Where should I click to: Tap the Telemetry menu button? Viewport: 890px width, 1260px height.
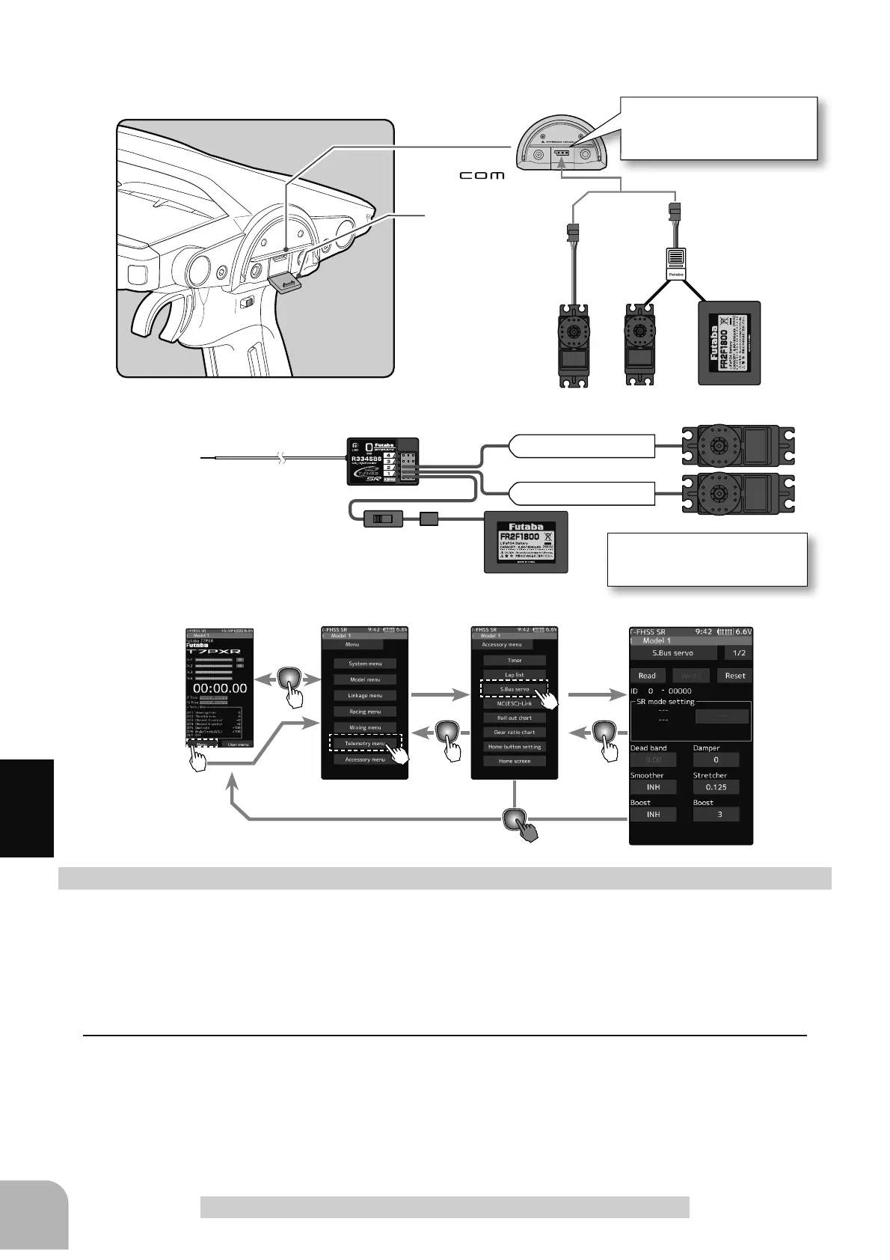365,743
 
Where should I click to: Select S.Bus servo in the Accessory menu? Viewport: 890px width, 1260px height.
515,689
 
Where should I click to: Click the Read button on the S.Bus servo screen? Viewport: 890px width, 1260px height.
647,675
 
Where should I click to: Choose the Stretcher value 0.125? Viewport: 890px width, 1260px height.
716,786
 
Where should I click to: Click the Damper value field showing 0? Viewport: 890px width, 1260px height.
716,759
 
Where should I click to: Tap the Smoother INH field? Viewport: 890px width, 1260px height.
653,786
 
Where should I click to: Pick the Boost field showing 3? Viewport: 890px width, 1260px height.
716,814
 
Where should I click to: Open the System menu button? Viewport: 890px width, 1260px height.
365,664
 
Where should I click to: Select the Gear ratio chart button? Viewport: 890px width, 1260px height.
515,732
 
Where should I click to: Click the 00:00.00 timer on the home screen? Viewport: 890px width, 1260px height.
219,688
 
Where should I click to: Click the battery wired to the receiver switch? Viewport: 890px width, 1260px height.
525,541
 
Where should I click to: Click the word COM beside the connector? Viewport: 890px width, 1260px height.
482,176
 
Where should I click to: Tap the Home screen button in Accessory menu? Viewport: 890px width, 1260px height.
515,761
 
